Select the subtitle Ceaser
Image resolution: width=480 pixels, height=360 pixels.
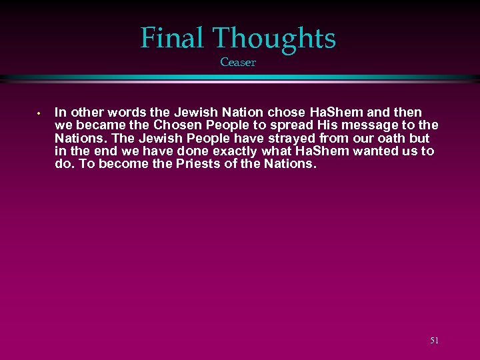pyautogui.click(x=238, y=63)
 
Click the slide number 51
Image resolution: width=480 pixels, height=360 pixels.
pyautogui.click(x=434, y=341)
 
